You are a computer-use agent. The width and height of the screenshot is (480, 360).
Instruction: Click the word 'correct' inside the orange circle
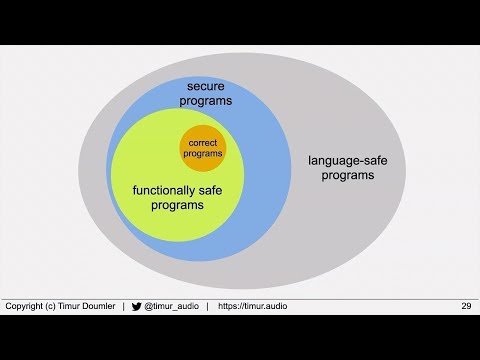[x=203, y=143]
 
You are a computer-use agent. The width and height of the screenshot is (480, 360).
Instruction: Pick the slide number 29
[x=466, y=305]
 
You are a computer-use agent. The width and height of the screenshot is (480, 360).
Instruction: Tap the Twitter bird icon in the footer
[x=136, y=305]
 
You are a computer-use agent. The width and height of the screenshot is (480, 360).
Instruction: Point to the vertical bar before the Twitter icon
[x=123, y=305]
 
